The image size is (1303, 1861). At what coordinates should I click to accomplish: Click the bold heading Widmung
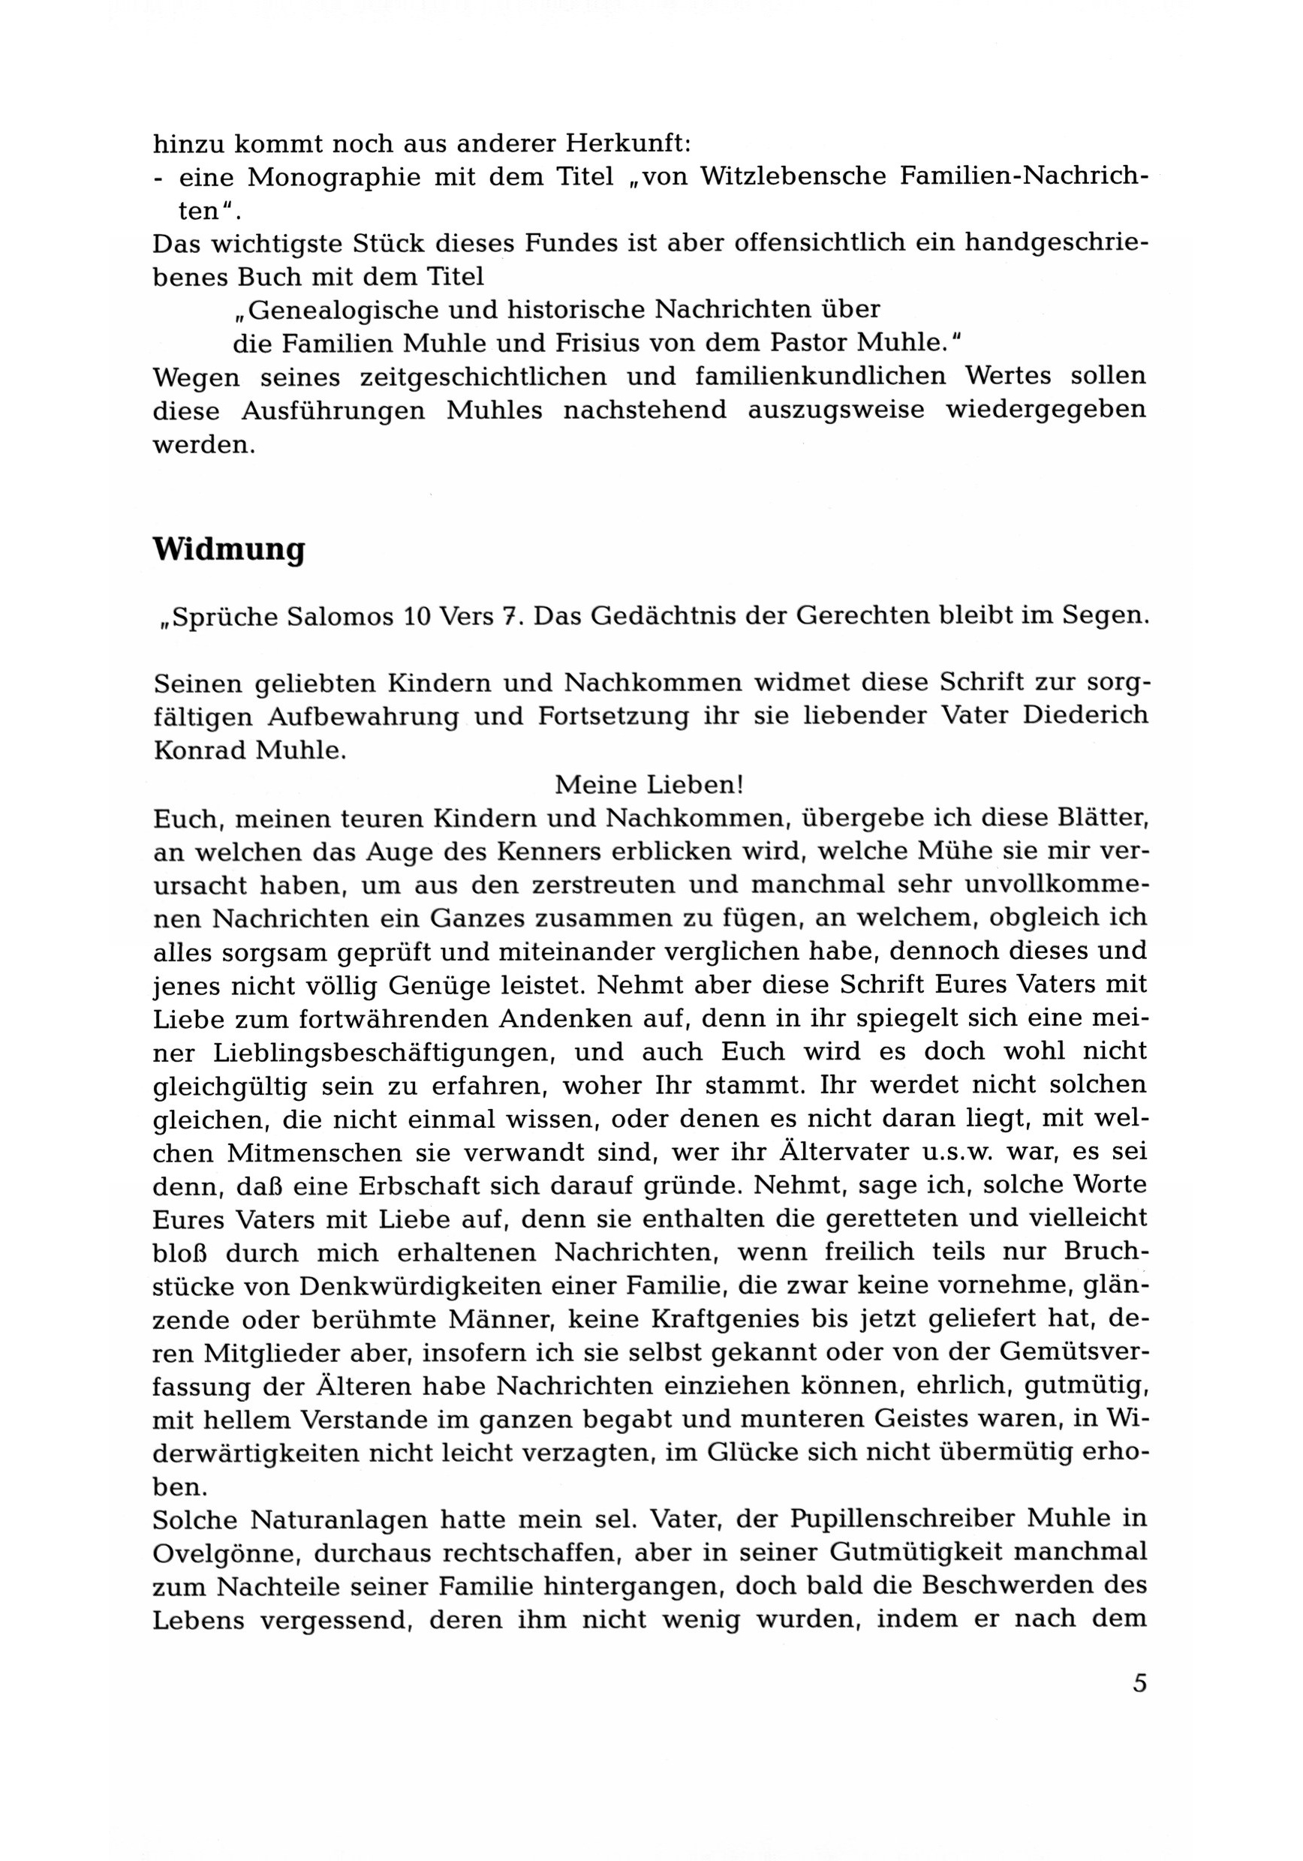(x=229, y=550)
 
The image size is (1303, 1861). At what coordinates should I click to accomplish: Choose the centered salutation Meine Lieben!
(x=648, y=785)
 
